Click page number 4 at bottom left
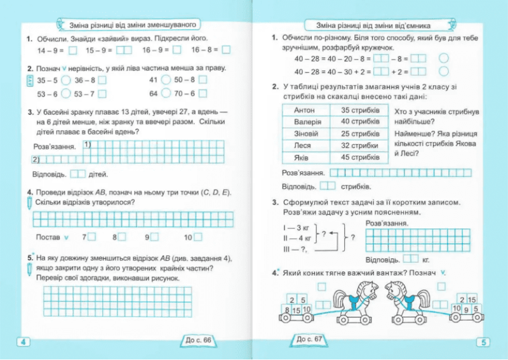point(23,342)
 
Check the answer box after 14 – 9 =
point(72,50)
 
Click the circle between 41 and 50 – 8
point(165,81)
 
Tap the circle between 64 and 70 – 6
point(165,93)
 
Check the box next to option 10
point(199,237)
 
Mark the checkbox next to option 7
point(93,237)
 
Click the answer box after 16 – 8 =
point(227,50)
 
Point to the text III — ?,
point(295,250)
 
